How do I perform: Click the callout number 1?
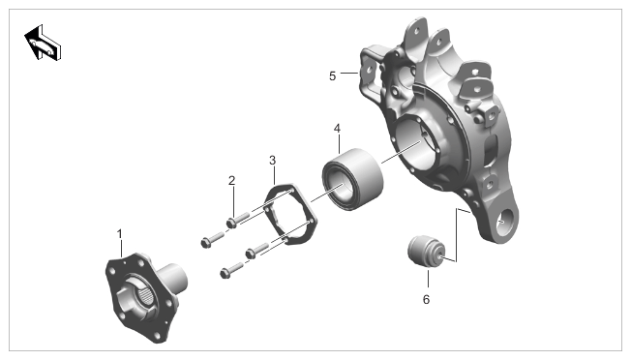pos(119,233)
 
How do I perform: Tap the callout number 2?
pos(231,181)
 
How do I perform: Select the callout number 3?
pos(273,160)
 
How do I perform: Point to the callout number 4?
pos(337,129)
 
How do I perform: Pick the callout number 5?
pos(332,76)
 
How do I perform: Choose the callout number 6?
pos(426,300)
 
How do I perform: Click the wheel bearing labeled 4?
pos(352,179)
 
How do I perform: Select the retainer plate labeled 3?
pos(290,213)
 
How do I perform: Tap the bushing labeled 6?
pos(426,252)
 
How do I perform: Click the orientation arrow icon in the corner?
pos(43,43)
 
